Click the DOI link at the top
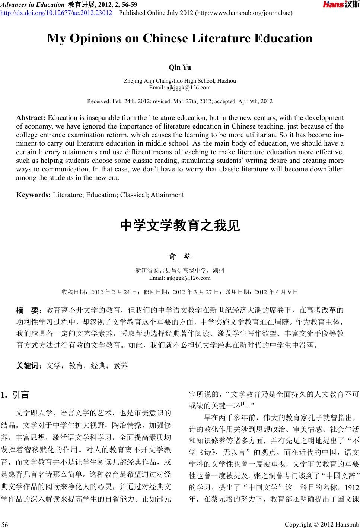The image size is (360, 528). pos(56,13)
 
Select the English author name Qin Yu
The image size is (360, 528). pos(180,67)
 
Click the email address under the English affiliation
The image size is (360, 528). pos(180,88)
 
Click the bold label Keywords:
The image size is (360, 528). pos(34,195)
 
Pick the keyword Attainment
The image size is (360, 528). pos(167,195)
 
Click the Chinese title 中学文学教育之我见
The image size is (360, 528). pos(180,226)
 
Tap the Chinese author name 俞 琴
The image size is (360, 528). pos(180,256)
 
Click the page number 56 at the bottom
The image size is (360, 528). pos(5,525)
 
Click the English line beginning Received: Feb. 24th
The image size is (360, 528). pos(179,101)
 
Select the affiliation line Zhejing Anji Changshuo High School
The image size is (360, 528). pos(179,81)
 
